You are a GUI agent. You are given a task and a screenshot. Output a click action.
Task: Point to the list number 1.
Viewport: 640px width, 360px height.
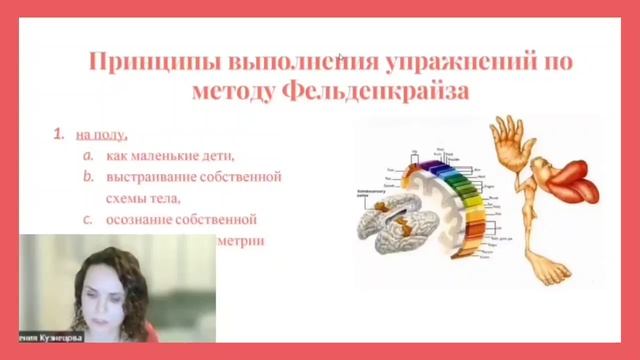(59, 132)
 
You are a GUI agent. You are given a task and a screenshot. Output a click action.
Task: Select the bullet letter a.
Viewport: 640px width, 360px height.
(88, 155)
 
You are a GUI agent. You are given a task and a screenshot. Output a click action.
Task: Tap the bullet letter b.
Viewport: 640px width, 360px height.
(88, 177)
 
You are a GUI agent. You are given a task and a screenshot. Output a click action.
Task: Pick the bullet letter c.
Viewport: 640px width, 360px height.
(88, 219)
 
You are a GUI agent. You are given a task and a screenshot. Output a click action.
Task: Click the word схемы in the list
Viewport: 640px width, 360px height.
(138, 198)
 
